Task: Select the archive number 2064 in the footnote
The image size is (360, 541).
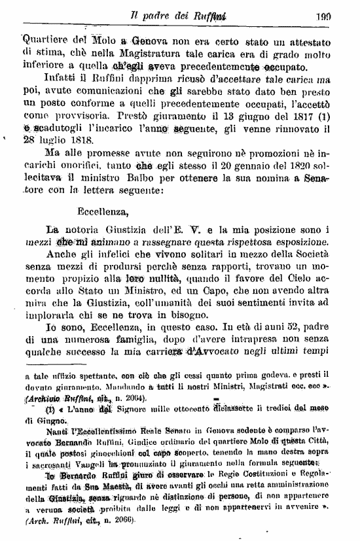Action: pos(134,398)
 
